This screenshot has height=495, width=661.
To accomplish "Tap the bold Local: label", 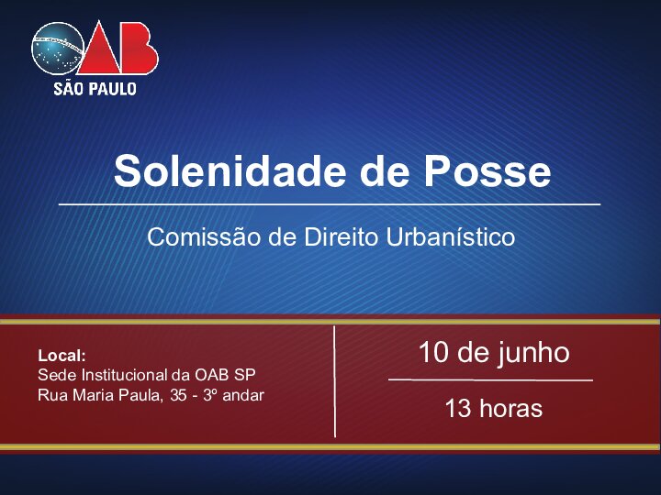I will (x=62, y=356).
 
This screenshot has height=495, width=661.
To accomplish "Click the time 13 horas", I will (x=493, y=408).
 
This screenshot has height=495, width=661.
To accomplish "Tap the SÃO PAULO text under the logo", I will (x=95, y=89).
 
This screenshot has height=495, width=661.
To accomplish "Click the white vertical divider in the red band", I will (x=334, y=380).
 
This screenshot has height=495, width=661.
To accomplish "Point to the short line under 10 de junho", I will (x=490, y=379).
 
